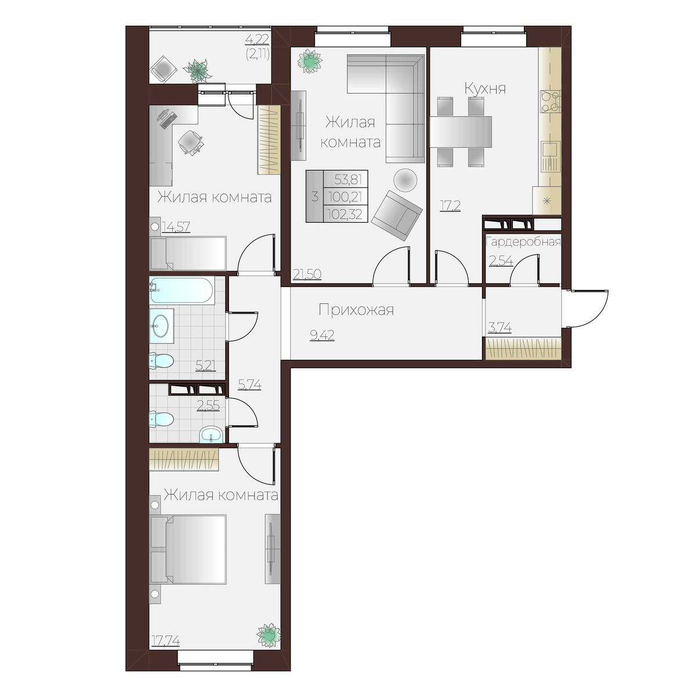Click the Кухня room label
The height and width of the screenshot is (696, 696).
485,89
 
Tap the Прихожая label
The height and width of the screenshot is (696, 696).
356,310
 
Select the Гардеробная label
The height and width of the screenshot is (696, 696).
523,242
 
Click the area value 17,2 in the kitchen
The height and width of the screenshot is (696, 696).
450,205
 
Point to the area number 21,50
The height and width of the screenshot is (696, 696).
307,274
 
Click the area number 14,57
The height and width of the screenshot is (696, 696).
176,227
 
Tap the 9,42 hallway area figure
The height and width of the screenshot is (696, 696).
322,335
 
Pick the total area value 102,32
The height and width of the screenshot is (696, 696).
345,214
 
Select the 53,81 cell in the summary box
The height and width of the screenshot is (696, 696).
348,179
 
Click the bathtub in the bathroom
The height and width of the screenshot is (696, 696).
182,291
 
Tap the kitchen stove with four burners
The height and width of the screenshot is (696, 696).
550,101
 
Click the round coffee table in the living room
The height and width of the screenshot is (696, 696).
405,179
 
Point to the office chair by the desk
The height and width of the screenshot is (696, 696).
191,142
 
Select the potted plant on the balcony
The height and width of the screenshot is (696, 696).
197,71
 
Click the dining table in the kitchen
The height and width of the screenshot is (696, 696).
461,132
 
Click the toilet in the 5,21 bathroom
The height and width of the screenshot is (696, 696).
162,360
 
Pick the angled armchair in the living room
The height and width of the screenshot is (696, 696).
397,216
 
